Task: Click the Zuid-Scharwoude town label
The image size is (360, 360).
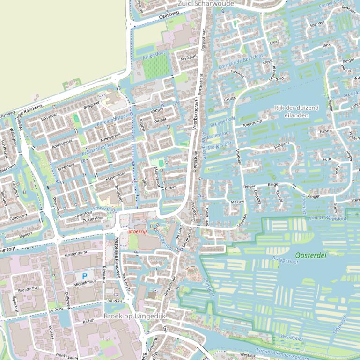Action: point(206,3)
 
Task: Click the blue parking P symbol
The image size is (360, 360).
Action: point(85,276)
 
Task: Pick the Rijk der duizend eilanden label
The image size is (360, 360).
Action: point(296,111)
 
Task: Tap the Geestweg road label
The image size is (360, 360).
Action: point(169,15)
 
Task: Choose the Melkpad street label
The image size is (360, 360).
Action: point(189,58)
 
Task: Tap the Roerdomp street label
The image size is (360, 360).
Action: point(253,125)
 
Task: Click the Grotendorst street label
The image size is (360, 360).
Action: point(77,255)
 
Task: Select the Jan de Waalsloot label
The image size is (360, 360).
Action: point(331,218)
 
